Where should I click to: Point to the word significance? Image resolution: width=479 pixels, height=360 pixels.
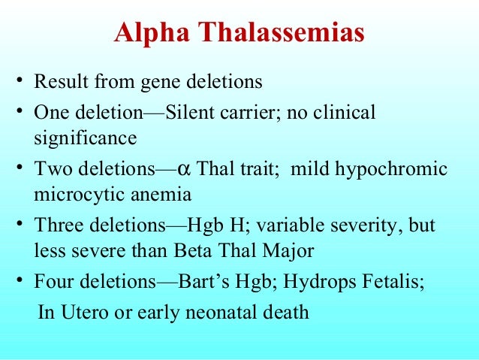(x=85, y=138)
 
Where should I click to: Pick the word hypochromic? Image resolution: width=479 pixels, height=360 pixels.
(x=397, y=168)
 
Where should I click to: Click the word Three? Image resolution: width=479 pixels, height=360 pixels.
(x=57, y=225)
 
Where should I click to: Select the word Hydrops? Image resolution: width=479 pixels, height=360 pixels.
(x=308, y=283)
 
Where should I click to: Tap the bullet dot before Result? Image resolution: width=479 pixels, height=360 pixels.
(x=21, y=80)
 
